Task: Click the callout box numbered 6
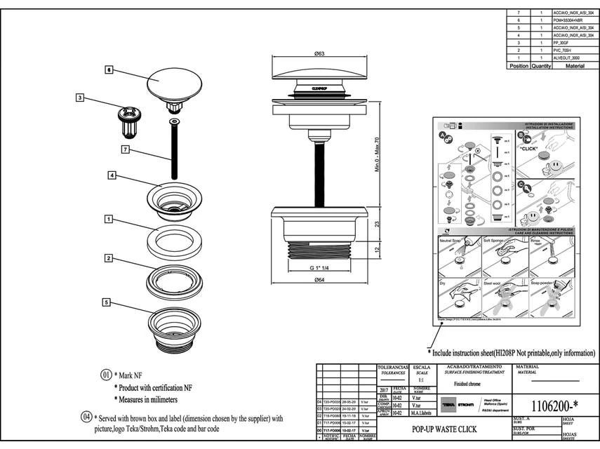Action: [109, 70]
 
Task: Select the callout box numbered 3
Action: [81, 98]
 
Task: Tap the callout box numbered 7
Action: [124, 149]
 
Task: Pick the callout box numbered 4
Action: [112, 175]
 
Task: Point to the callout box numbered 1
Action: [109, 220]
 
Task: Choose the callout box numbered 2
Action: [109, 258]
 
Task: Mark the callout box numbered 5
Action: [106, 302]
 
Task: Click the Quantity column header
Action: [541, 66]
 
